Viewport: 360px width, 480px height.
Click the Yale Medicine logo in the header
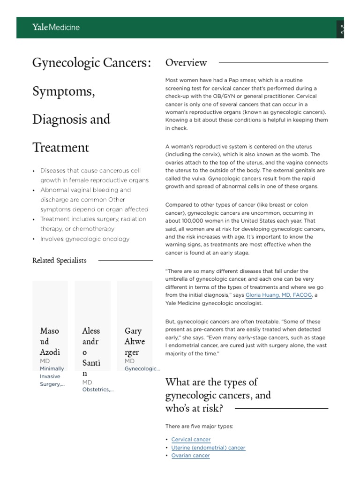tap(56, 27)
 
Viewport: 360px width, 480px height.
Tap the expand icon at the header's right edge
tap(342, 30)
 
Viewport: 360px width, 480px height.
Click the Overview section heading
tap(186, 62)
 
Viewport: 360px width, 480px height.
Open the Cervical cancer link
tap(191, 439)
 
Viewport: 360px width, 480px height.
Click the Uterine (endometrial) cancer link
tap(208, 448)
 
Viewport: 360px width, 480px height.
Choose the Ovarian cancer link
tap(190, 456)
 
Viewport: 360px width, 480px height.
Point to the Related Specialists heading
tap(60, 261)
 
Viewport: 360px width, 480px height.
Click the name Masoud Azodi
tap(50, 341)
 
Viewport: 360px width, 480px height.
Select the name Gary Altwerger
tap(135, 341)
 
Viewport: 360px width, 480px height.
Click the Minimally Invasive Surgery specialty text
tap(52, 376)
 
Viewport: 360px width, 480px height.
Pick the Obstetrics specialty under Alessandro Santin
tap(97, 389)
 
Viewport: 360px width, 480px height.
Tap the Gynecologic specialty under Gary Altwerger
tap(142, 369)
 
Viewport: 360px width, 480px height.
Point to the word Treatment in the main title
tap(60, 148)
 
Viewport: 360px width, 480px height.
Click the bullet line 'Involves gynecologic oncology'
tap(85, 239)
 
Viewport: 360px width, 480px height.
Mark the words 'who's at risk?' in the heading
tap(194, 408)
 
